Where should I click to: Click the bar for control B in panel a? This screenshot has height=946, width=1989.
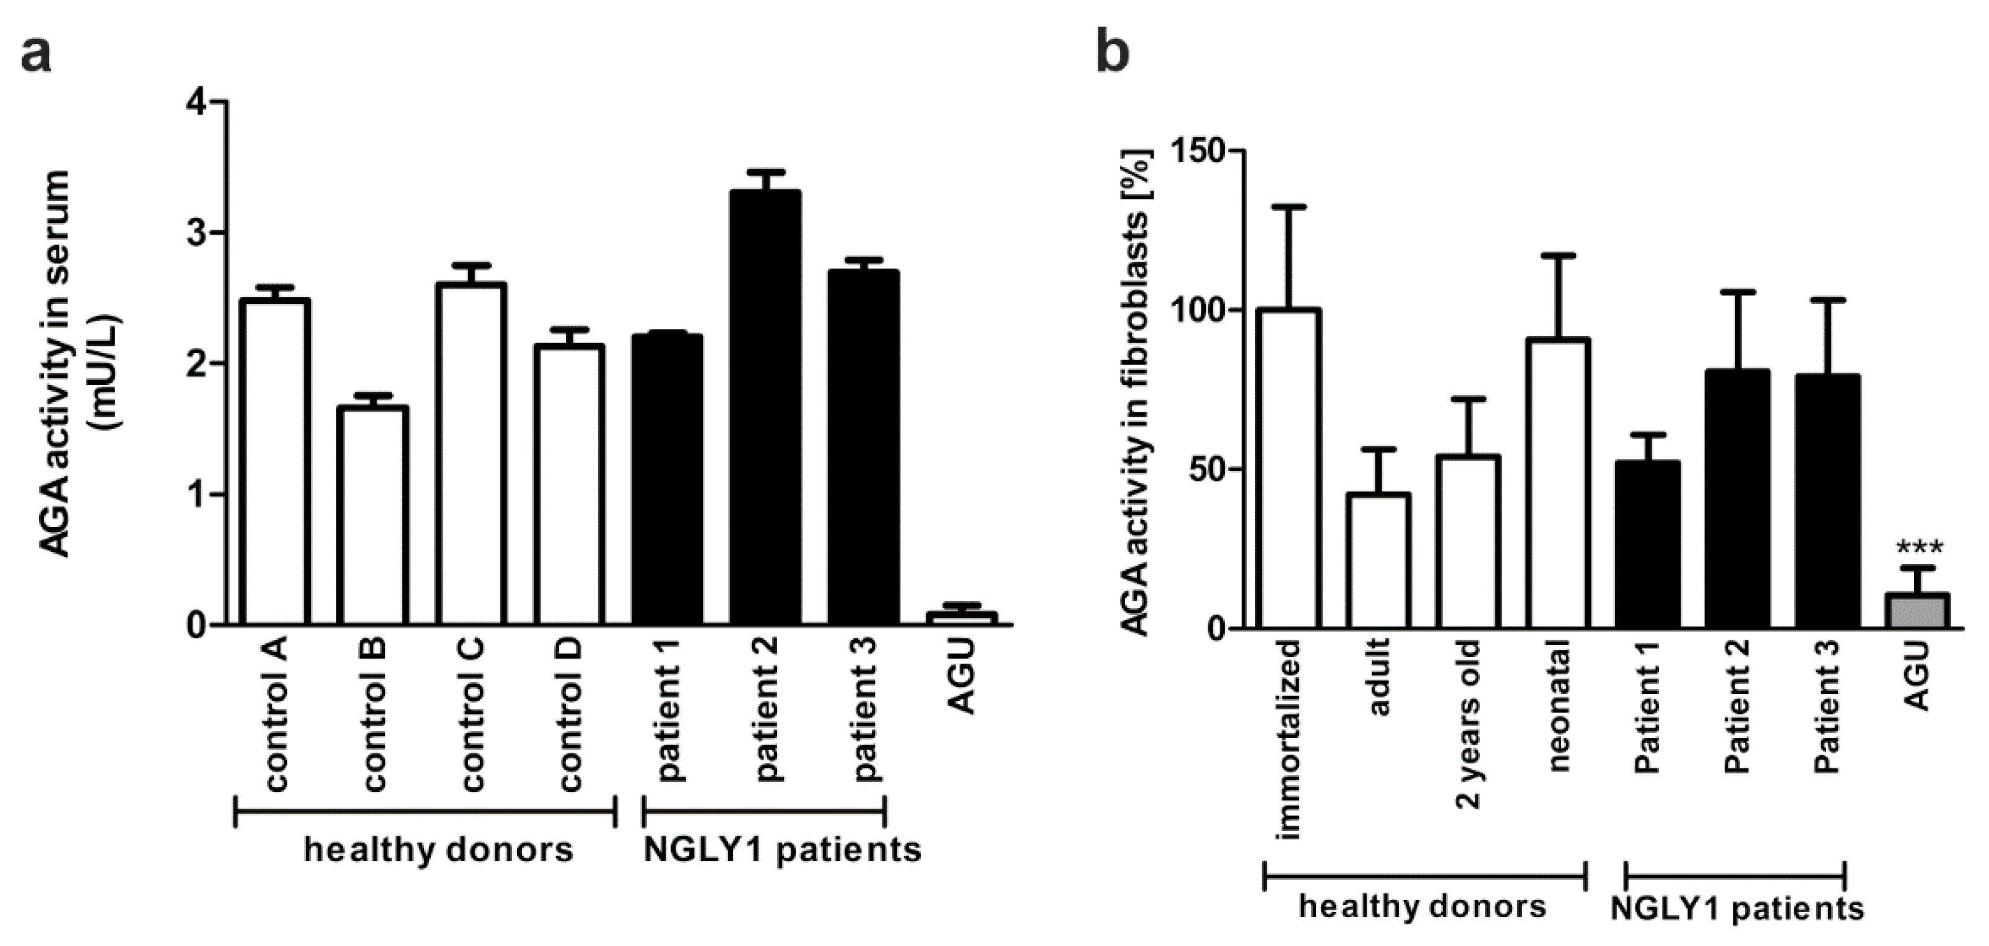click(x=373, y=516)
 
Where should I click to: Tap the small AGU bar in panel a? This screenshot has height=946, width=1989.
click(x=961, y=618)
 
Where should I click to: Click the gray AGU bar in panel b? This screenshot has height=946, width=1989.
click(x=1918, y=611)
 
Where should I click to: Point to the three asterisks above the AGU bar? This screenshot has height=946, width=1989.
click(x=1920, y=549)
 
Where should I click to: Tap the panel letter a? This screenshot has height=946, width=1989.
click(x=37, y=54)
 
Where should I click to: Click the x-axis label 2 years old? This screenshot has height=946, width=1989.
click(x=1469, y=724)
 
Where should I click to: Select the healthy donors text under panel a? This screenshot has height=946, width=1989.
click(x=438, y=850)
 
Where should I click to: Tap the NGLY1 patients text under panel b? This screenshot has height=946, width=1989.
click(x=1736, y=909)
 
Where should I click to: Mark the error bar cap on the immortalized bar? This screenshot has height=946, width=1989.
click(x=1289, y=207)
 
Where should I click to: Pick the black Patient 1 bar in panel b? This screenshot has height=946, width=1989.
click(x=1648, y=544)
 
